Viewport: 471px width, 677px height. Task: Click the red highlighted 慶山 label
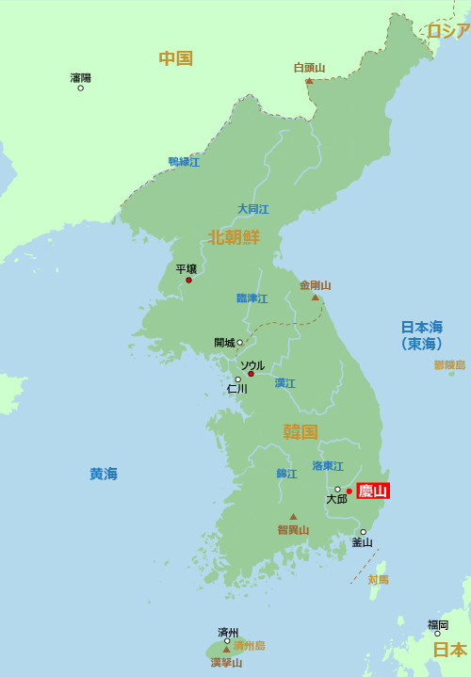click(373, 491)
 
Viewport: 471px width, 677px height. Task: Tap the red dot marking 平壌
click(188, 280)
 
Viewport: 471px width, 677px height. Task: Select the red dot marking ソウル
click(251, 374)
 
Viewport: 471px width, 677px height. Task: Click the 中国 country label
click(175, 58)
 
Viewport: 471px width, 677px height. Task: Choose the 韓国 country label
click(300, 431)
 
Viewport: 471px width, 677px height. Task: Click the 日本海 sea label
click(421, 328)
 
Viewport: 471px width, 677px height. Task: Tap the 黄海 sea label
click(104, 474)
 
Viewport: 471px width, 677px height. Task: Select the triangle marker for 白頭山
click(309, 80)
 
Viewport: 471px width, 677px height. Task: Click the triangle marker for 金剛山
click(316, 298)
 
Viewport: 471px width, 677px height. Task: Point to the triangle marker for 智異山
click(293, 516)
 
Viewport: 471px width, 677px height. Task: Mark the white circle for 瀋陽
click(81, 88)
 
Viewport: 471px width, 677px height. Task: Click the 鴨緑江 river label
click(184, 162)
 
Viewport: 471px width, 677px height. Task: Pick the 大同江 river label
click(252, 209)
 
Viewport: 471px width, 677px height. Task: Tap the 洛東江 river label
click(328, 466)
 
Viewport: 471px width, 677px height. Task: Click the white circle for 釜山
click(363, 532)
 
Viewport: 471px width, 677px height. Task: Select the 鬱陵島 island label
click(449, 364)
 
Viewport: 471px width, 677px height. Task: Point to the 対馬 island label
click(378, 579)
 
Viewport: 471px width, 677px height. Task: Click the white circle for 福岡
click(437, 634)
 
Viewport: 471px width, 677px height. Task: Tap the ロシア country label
click(447, 31)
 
